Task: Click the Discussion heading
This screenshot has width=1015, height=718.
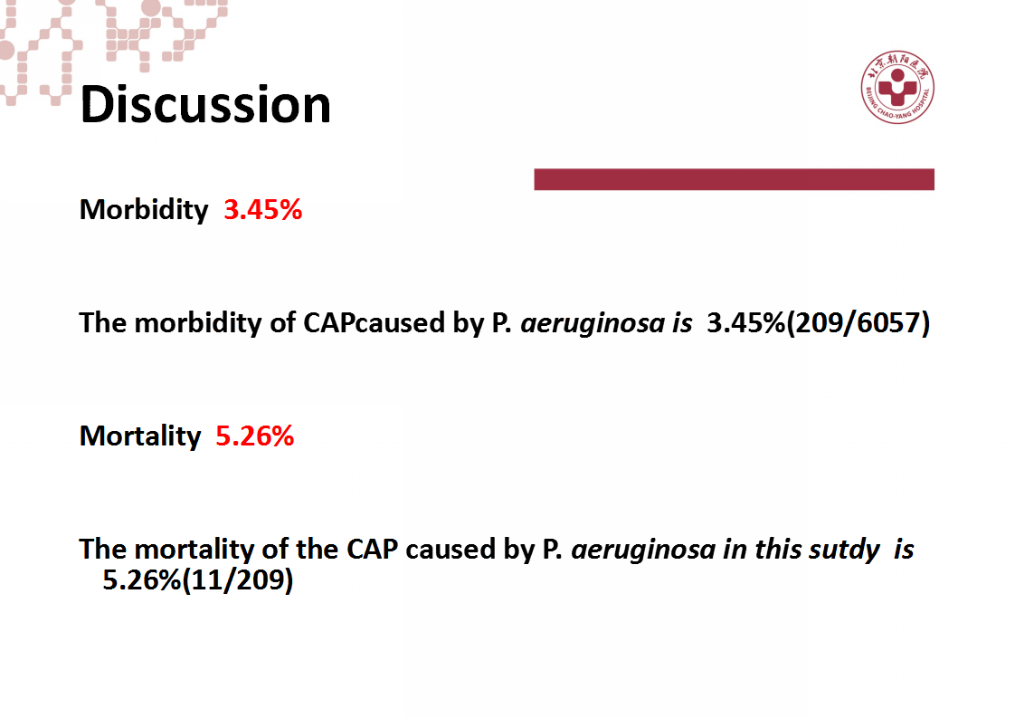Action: click(205, 104)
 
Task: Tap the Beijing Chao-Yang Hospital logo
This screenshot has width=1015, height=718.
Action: click(897, 87)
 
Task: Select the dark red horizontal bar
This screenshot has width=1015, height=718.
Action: click(734, 179)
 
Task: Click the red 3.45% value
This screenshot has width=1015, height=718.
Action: click(263, 210)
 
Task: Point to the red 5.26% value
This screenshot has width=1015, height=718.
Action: click(254, 436)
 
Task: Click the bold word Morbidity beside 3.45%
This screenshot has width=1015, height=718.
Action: click(144, 211)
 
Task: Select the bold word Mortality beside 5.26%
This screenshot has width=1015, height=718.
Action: click(140, 436)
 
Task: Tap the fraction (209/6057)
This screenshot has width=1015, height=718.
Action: click(858, 322)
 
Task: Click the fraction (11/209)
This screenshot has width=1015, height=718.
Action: click(238, 579)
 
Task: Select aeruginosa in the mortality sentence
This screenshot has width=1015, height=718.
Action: click(643, 550)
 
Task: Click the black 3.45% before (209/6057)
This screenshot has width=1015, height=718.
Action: click(745, 322)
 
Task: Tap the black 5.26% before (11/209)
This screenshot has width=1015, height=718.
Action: click(142, 579)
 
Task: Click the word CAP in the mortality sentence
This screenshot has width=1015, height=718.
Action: click(372, 550)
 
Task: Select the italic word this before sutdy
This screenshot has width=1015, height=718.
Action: click(778, 550)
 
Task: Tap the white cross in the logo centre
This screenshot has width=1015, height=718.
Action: click(897, 90)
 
